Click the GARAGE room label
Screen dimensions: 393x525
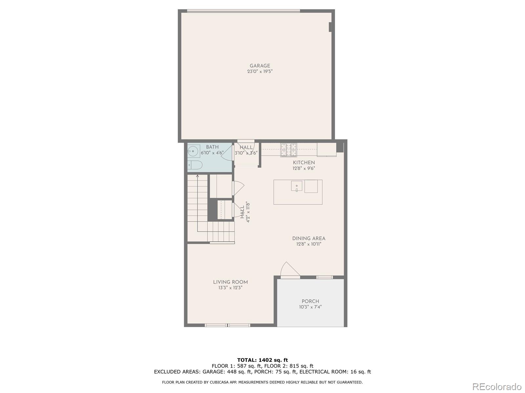coord(260,66)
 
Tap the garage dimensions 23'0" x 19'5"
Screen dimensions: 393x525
coord(260,71)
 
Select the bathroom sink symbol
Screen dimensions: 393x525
coord(194,151)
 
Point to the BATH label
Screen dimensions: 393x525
coord(212,147)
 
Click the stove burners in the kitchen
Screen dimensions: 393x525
coord(288,150)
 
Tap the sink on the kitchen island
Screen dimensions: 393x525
coord(297,186)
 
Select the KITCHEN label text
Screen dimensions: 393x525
coord(304,162)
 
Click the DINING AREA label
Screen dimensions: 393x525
coord(309,238)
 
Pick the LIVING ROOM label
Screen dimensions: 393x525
coord(230,282)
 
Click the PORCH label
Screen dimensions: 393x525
coord(310,301)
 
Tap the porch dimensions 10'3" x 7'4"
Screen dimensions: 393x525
coord(310,307)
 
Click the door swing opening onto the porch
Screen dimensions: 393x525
coord(290,270)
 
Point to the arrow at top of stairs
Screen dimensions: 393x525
coord(198,177)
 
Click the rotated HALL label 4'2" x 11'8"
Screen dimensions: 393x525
coord(245,212)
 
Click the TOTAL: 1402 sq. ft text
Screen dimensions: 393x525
coord(262,360)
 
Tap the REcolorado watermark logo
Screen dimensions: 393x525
coord(497,386)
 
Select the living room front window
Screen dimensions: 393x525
coord(227,325)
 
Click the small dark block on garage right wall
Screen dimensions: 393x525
coord(330,27)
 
